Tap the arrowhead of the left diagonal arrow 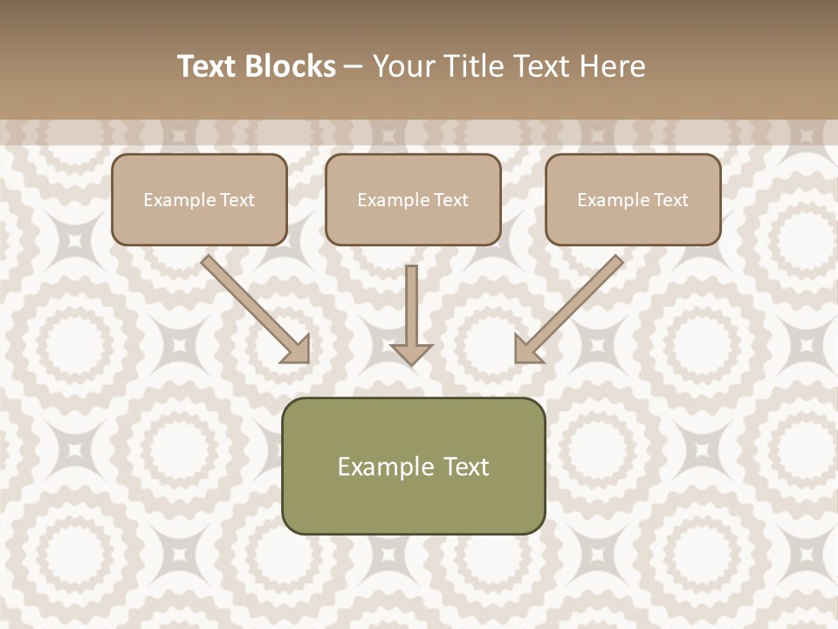pos(296,349)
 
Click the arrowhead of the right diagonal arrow pos(527,349)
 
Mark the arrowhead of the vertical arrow pos(411,352)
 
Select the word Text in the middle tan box pos(451,200)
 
